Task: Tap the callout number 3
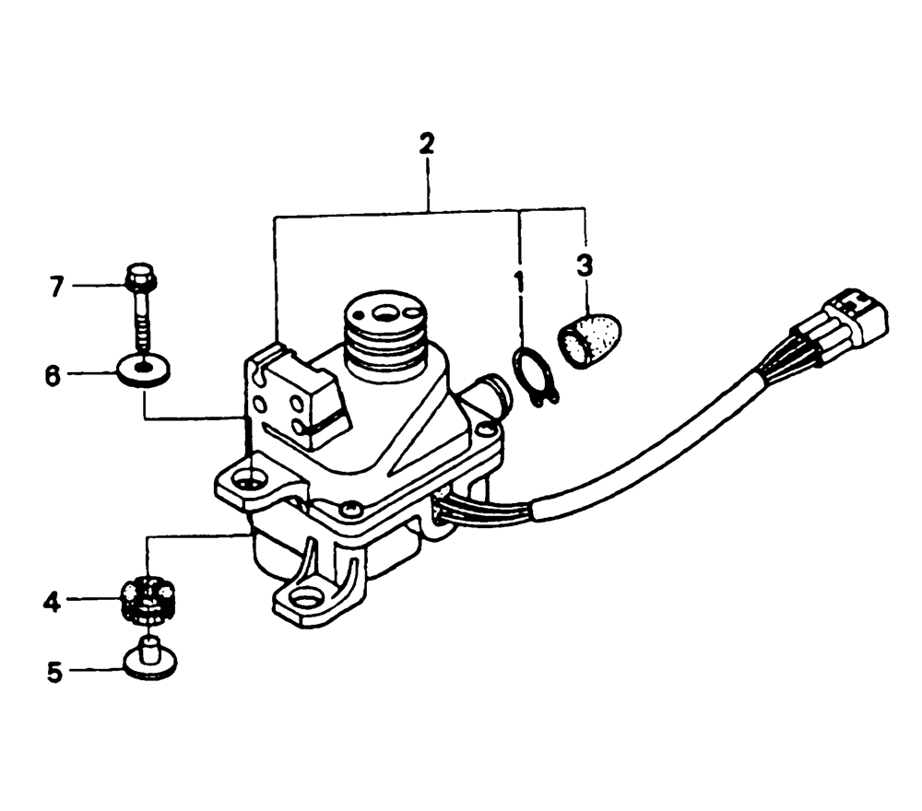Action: click(x=584, y=265)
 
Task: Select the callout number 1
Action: click(x=518, y=283)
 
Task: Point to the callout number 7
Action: click(x=56, y=288)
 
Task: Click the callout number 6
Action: click(x=53, y=375)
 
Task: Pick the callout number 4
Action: click(x=52, y=603)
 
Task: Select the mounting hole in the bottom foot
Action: click(x=304, y=601)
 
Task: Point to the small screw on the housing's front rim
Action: click(x=351, y=505)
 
